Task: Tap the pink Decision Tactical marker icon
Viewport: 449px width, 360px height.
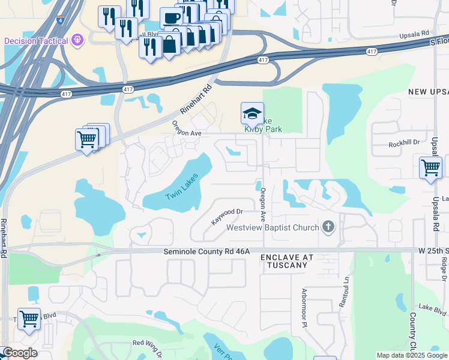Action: tap(77, 41)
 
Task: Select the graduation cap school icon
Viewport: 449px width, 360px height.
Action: tap(252, 113)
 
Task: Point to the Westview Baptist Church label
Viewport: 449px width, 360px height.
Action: tap(272, 227)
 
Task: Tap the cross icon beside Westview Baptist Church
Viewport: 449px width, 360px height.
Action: tap(328, 227)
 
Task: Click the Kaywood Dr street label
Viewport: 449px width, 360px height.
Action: tap(227, 216)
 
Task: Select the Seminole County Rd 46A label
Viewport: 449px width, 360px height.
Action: tap(206, 252)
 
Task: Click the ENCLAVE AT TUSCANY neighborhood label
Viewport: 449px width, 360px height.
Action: tap(287, 261)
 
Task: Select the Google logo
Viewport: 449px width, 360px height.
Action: tap(19, 353)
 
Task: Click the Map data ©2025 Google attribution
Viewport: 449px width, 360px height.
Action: tap(411, 355)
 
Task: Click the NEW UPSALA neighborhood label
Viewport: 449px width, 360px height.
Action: tap(428, 92)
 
